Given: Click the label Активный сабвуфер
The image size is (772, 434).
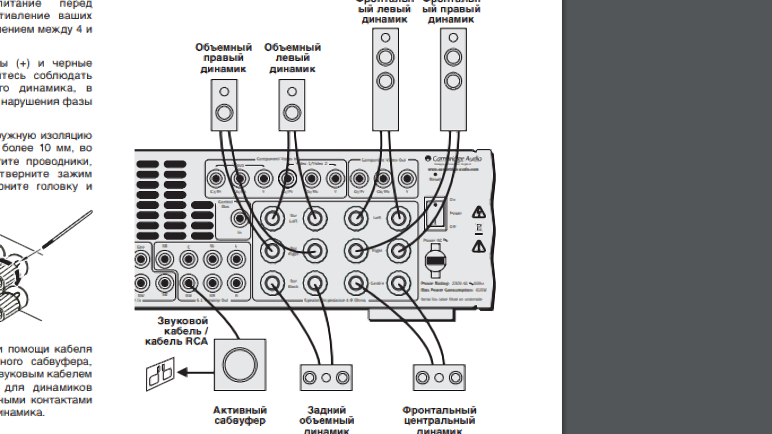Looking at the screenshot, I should pos(240,415).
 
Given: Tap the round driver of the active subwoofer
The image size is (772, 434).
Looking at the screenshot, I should pos(240,365).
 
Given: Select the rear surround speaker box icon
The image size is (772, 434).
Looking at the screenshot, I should pos(326,377).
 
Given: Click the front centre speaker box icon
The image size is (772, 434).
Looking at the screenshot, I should pos(439,377).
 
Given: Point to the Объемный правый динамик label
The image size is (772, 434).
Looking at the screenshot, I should pos(224,58).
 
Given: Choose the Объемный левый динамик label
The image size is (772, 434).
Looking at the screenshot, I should pos(292,58).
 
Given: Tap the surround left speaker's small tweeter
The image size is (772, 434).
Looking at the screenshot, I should pos(292,92).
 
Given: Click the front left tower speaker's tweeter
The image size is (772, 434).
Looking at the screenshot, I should pos(385,38).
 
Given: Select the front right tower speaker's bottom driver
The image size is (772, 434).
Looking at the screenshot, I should pos(453,81).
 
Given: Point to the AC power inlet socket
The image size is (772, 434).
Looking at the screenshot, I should pos(435,261).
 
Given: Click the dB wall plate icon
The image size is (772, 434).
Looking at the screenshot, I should pos(161,375).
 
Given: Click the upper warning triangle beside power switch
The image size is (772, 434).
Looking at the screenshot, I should pos(479,213).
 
